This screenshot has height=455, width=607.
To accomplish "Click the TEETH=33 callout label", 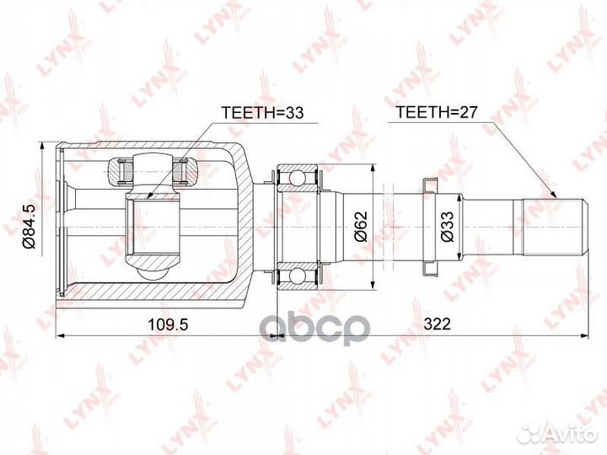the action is [262, 113].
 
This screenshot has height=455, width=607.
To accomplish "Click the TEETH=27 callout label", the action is [437, 112].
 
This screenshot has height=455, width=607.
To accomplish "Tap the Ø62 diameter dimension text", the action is [361, 226].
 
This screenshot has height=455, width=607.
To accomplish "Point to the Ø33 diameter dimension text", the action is [447, 227].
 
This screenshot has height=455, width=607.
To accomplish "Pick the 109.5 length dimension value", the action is [168, 324].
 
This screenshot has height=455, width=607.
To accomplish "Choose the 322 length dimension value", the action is [437, 324].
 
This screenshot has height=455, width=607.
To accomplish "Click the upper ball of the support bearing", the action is [298, 178].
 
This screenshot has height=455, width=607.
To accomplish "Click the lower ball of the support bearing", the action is [298, 276].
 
